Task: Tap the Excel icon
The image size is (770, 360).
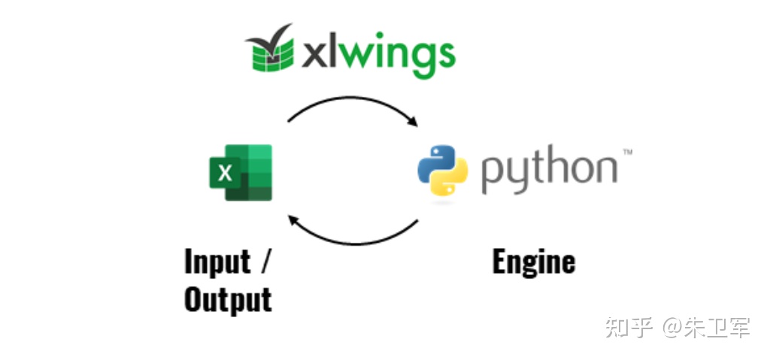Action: click(241, 172)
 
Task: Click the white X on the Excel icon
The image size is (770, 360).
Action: click(225, 173)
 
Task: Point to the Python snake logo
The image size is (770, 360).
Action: click(442, 170)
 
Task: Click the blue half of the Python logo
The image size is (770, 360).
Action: click(435, 162)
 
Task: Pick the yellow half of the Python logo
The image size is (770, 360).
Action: click(450, 179)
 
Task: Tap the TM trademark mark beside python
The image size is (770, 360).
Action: click(627, 152)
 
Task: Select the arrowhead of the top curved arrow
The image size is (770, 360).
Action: click(413, 121)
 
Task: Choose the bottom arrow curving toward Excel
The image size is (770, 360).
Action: click(353, 243)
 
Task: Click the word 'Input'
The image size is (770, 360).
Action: click(217, 262)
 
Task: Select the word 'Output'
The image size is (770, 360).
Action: click(228, 299)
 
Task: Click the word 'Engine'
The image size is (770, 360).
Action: click(533, 262)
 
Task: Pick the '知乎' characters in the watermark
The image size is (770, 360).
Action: click(629, 327)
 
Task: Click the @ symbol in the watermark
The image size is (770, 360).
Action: click(673, 328)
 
